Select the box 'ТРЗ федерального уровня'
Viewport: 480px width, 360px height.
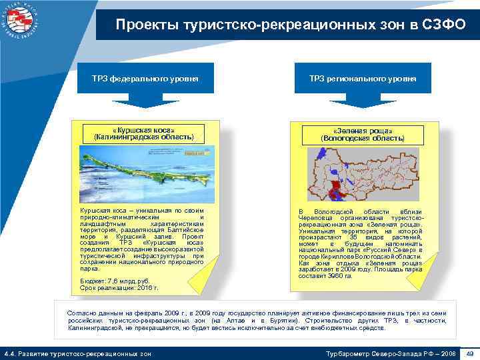(x=145, y=79)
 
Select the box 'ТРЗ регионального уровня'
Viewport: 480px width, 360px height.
(x=362, y=79)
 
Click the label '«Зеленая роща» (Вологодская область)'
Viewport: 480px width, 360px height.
(x=363, y=134)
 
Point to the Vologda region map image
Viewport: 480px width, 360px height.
(x=363, y=175)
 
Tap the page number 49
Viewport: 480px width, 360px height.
(x=469, y=353)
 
